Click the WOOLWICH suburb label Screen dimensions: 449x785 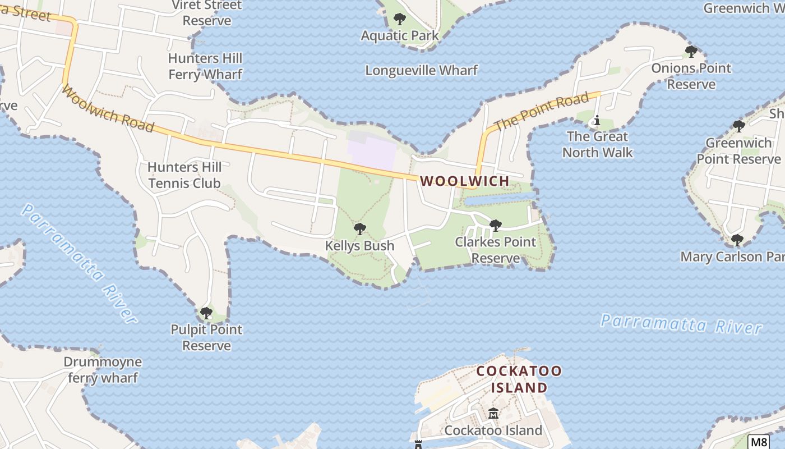[465, 181]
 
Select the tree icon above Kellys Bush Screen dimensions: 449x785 [360, 229]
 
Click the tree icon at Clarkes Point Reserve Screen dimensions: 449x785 [495, 226]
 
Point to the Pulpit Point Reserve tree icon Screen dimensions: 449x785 [206, 313]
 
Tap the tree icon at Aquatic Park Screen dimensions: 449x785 [399, 19]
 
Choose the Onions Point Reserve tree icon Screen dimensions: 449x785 [691, 52]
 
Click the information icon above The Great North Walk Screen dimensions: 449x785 [597, 120]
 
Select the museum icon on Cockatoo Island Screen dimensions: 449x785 [493, 414]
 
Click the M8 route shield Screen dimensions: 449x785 [758, 442]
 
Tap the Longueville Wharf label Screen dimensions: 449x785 [421, 70]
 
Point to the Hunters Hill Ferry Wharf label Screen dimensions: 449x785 [205, 66]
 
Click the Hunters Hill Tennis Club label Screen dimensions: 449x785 [184, 175]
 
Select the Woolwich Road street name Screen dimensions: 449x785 [107, 109]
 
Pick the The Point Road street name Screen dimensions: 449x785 [542, 111]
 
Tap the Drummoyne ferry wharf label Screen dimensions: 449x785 [103, 370]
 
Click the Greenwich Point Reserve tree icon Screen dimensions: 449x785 [738, 126]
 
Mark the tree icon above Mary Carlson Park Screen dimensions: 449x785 [737, 240]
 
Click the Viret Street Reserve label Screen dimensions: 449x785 [207, 13]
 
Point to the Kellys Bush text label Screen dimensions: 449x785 [359, 246]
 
